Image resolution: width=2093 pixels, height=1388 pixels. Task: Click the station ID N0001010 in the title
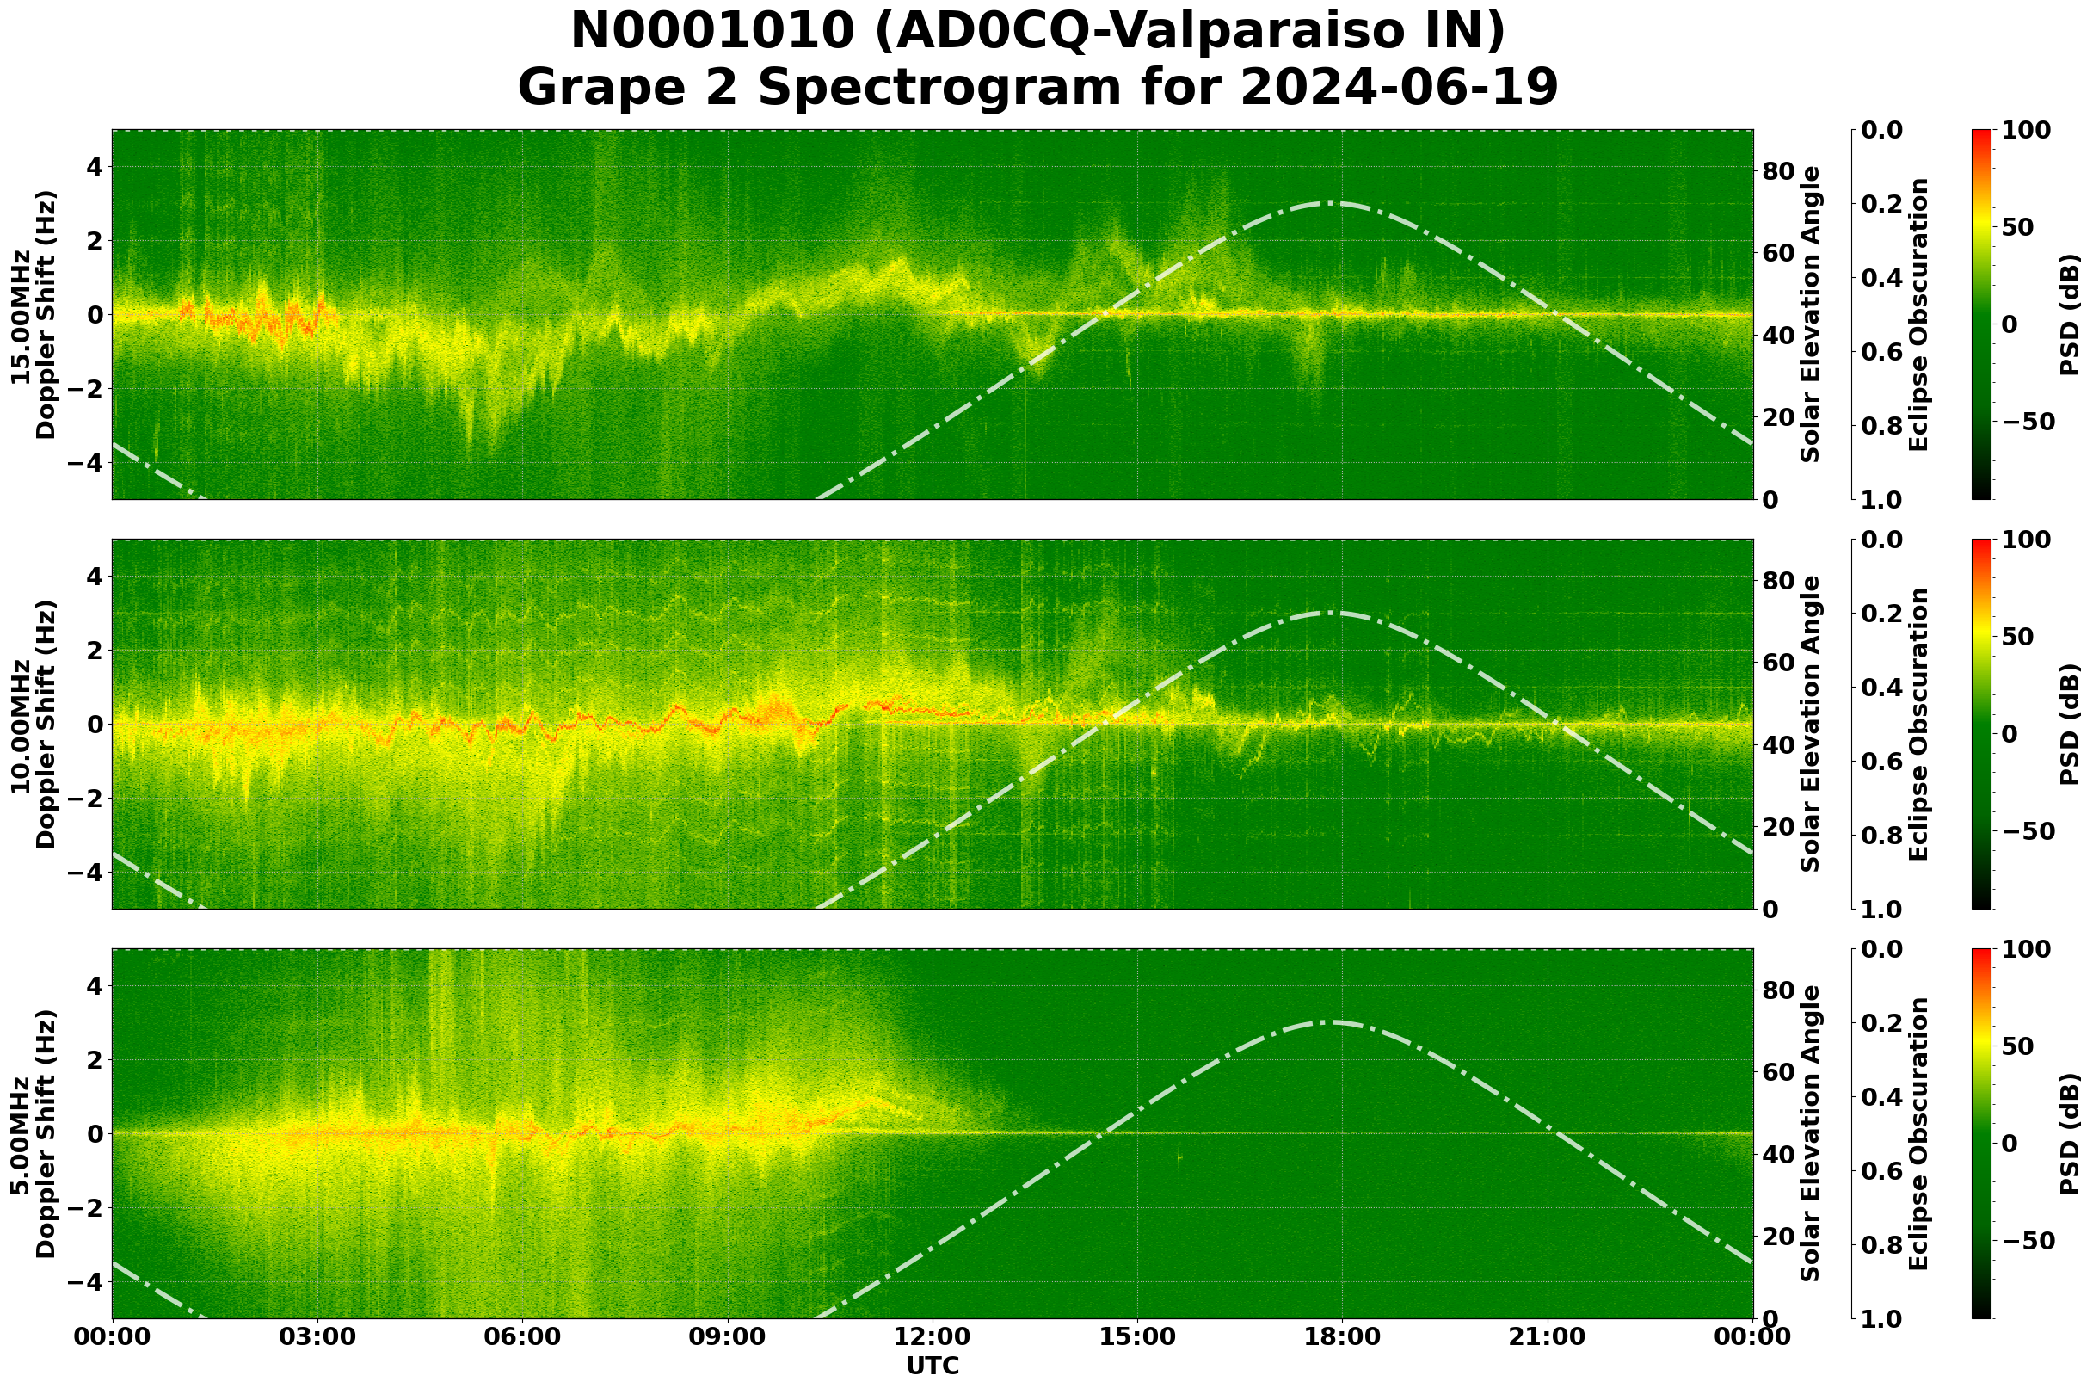click(x=712, y=33)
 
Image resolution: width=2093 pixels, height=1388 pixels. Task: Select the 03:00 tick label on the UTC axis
click(x=317, y=1337)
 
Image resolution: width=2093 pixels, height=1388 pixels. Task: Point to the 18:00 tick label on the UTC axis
click(x=1342, y=1337)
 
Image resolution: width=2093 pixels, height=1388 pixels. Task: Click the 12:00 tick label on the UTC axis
click(x=932, y=1337)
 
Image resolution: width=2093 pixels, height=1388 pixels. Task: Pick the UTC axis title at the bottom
click(x=932, y=1366)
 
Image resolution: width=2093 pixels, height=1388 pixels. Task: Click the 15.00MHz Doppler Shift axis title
click(x=33, y=315)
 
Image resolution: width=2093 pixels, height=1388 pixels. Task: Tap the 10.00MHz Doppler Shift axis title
click(x=33, y=724)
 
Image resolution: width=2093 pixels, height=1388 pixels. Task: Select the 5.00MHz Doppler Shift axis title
click(x=33, y=1134)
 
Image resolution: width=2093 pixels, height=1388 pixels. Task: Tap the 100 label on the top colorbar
click(x=2026, y=131)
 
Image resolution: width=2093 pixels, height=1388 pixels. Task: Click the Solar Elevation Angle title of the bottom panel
click(x=1811, y=1134)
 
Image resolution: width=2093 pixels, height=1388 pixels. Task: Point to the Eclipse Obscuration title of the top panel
click(x=1918, y=315)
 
